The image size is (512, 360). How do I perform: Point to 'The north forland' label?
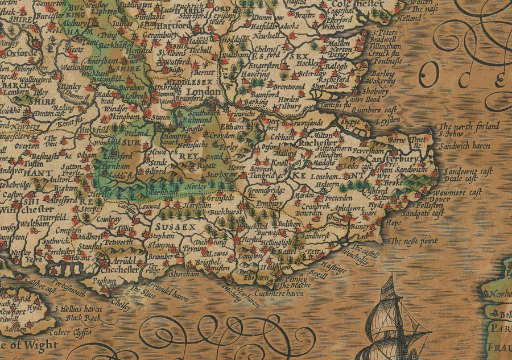coord(469,126)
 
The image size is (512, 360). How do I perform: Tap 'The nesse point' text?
coord(414,241)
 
